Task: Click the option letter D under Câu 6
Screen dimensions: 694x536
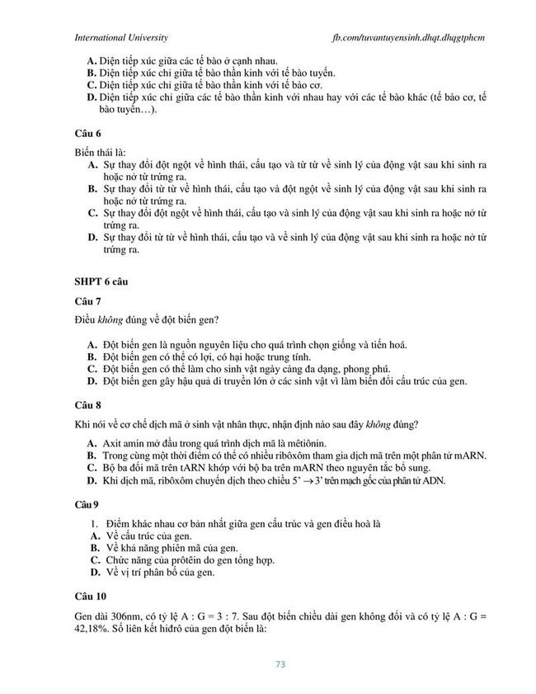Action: (93, 238)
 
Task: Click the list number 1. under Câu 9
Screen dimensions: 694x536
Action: (95, 524)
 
